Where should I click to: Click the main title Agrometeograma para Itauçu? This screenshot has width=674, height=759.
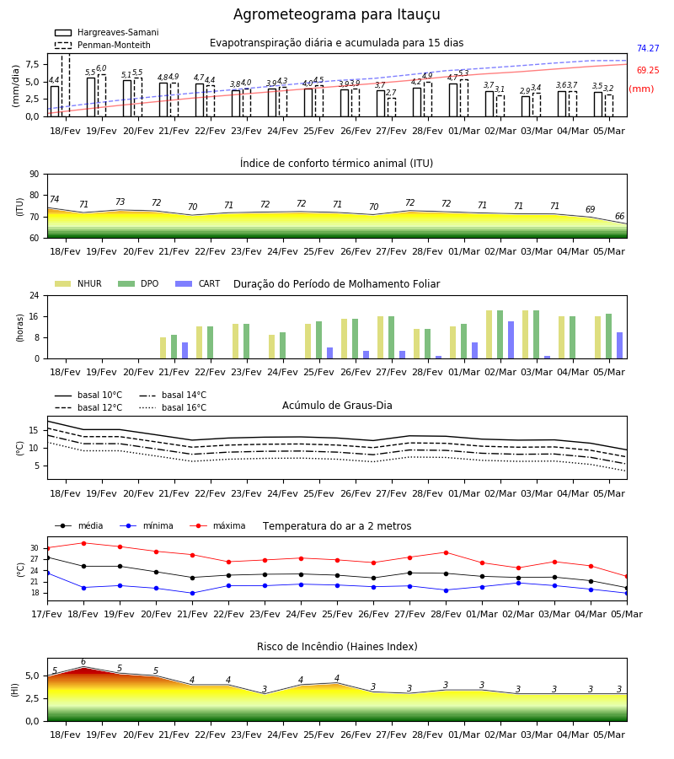click(336, 14)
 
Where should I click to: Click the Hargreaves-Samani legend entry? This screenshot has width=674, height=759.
click(106, 32)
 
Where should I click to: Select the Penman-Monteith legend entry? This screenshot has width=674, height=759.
click(103, 45)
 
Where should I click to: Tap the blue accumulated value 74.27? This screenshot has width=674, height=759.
click(648, 48)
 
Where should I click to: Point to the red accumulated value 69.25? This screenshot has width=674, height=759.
click(648, 70)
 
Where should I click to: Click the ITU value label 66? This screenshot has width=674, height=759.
click(619, 216)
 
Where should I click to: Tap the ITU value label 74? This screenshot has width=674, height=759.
click(54, 199)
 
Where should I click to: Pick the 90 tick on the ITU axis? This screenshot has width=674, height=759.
click(35, 175)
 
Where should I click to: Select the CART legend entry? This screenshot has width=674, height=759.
click(197, 283)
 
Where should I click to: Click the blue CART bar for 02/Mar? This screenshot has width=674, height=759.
click(511, 340)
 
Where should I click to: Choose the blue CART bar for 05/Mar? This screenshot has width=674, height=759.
click(619, 346)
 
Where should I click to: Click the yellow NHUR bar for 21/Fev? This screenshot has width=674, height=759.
click(163, 348)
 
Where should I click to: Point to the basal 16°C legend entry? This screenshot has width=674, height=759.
click(173, 407)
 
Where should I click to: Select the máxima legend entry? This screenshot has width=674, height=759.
click(217, 525)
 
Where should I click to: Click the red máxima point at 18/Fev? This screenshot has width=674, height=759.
click(83, 543)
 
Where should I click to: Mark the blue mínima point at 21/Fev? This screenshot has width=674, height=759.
click(192, 593)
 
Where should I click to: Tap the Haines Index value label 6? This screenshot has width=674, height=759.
click(83, 662)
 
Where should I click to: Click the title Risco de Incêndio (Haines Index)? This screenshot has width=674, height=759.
click(337, 647)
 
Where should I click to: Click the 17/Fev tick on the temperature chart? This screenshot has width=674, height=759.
click(47, 614)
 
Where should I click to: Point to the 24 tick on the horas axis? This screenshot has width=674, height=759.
click(35, 295)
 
